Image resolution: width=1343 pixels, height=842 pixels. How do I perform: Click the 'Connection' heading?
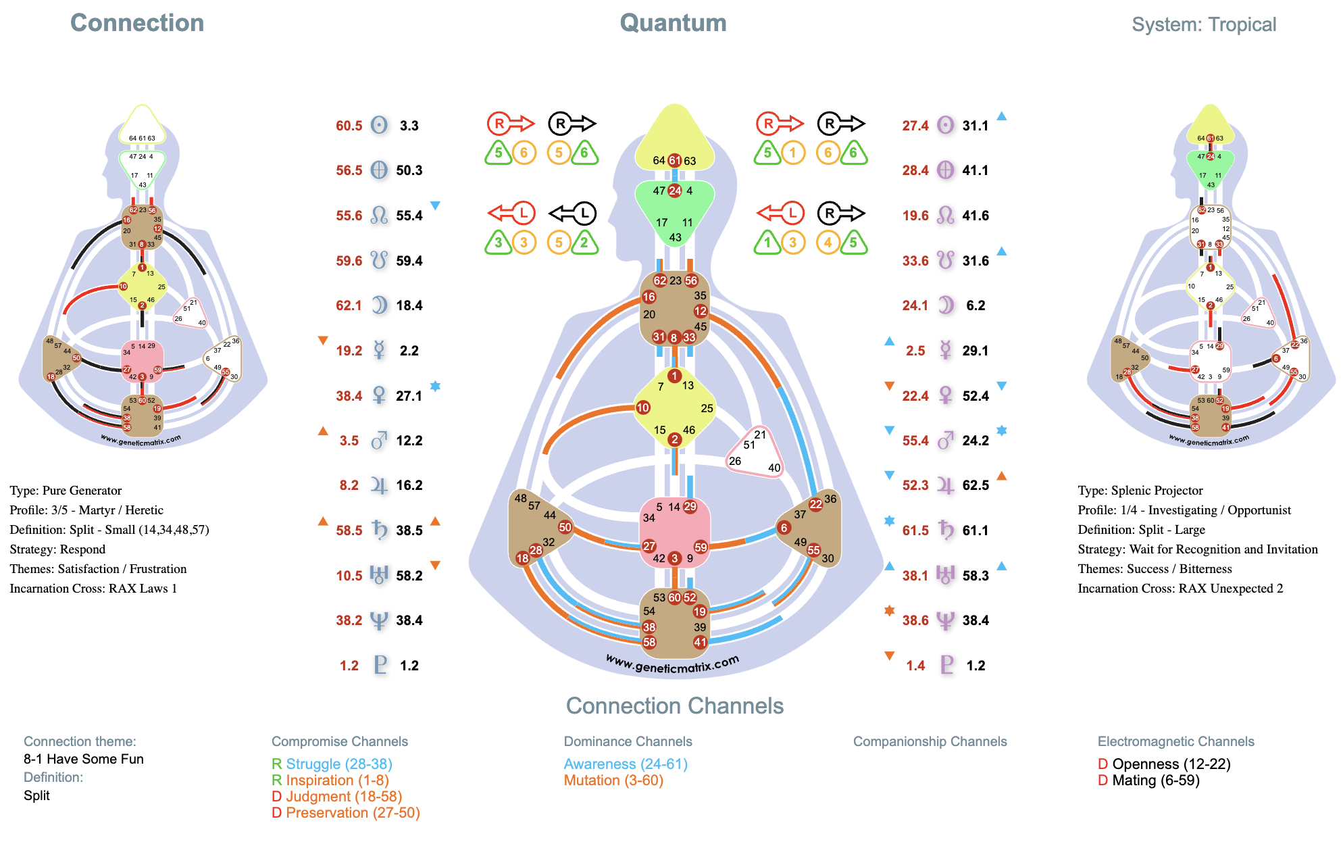137,23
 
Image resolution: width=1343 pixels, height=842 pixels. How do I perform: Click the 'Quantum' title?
673,23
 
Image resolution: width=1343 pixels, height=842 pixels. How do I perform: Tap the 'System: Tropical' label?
1204,25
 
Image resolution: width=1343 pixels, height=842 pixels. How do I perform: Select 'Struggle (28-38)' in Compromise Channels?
338,764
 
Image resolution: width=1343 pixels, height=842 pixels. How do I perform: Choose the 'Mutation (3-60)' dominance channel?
613,781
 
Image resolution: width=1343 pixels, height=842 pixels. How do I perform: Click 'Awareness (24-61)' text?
626,764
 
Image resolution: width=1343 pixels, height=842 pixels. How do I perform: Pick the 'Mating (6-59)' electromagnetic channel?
1156,781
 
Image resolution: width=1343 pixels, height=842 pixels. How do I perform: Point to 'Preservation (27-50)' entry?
353,813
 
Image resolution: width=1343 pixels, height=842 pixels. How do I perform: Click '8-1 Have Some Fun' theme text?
84,759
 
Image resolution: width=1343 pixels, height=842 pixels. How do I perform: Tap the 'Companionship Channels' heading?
930,741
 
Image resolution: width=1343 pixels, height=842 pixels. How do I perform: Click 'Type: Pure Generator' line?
66,491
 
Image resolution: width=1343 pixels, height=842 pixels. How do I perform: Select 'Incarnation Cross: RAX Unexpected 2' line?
1180,589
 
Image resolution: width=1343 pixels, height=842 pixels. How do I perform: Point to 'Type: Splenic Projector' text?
1140,491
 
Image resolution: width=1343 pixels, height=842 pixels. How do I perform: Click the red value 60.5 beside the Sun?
349,126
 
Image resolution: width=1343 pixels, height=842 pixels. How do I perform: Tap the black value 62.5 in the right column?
975,485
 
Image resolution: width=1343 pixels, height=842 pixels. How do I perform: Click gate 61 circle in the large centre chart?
674,160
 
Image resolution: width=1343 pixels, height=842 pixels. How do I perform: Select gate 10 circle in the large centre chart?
642,407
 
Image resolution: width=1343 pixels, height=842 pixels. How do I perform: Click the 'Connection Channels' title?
674,705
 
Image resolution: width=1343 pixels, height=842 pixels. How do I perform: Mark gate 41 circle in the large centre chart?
700,642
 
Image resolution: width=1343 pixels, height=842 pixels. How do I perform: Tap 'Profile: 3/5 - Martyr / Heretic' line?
86,510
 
